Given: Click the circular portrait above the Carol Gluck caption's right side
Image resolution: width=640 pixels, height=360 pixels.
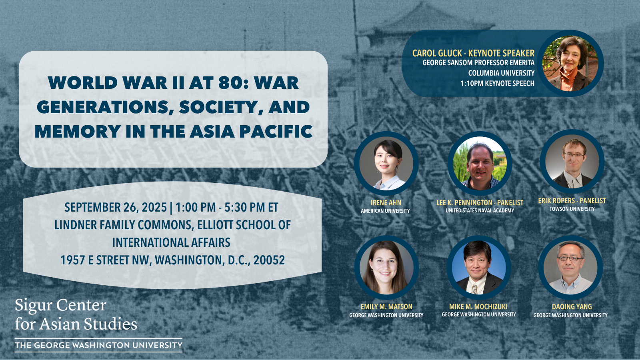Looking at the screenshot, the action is (x=570, y=64).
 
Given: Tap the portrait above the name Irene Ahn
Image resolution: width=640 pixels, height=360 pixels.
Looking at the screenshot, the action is (x=386, y=164).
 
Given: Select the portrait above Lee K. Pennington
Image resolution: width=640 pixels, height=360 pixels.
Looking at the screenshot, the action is (x=480, y=164).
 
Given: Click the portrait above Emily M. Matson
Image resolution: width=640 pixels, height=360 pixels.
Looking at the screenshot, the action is (x=386, y=268).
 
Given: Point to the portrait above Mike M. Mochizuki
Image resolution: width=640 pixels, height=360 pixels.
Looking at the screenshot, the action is (x=479, y=268).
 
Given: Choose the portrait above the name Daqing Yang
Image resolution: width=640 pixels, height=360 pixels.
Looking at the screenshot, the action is (x=570, y=268).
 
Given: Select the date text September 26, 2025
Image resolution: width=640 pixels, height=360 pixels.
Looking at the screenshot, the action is (x=116, y=208).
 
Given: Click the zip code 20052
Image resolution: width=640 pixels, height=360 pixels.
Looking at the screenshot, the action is (x=269, y=260).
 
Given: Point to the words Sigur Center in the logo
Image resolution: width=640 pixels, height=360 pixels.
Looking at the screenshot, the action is (x=60, y=306).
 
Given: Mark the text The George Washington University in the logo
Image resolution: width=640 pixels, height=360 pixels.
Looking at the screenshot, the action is (x=98, y=345).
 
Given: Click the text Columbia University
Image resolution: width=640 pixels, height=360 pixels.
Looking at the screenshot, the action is (x=502, y=73).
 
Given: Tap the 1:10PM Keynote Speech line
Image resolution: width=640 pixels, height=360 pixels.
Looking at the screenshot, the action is (x=498, y=84).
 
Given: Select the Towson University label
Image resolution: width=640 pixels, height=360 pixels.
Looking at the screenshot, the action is (x=572, y=209).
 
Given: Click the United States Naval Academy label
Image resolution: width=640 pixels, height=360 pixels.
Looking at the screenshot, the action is (x=480, y=210).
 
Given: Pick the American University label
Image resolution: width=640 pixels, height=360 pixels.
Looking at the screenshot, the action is (x=385, y=211).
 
